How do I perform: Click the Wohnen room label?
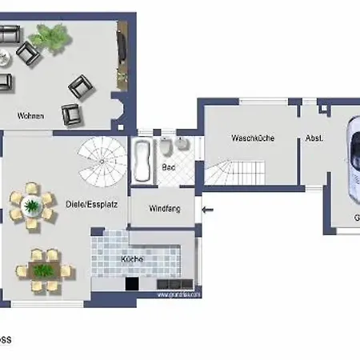[x=30, y=116]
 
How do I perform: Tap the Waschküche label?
[x=253, y=138]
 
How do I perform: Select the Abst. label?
[x=314, y=138]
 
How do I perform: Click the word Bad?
[x=168, y=167]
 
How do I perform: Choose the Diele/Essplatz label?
[x=93, y=203]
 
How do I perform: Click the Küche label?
[x=132, y=259]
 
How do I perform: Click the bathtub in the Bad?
[x=144, y=159]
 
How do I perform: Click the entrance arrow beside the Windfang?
[x=209, y=210]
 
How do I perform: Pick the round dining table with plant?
[x=32, y=206]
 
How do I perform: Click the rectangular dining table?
[x=44, y=267]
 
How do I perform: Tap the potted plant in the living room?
[x=52, y=35]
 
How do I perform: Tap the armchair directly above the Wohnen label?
[x=72, y=114]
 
